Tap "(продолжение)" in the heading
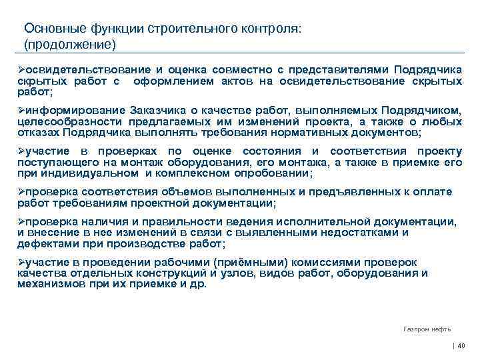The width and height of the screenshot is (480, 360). (x=69, y=45)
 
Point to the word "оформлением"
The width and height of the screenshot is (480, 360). (x=174, y=81)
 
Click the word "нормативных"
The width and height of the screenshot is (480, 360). (x=316, y=132)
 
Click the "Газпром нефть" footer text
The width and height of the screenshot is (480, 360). (x=427, y=329)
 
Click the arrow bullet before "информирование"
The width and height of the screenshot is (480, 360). (x=21, y=110)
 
